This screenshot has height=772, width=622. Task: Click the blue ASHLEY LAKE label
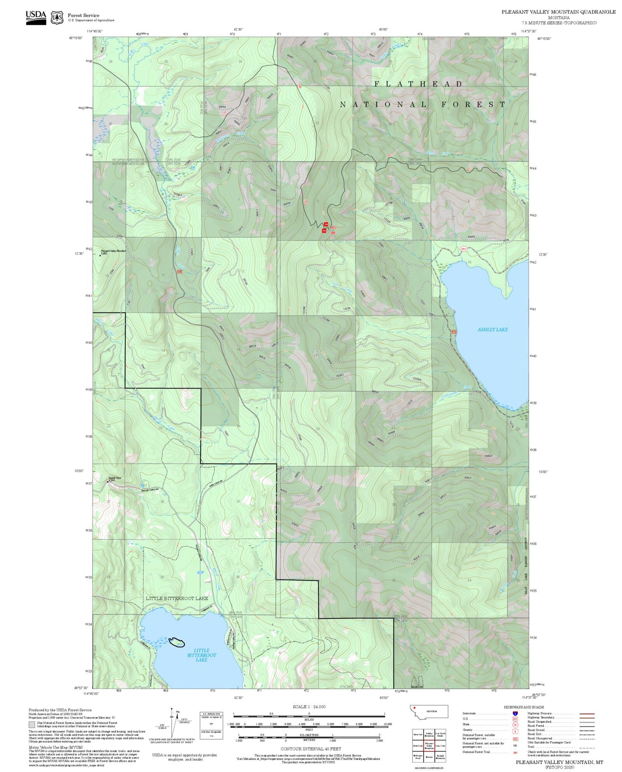[492, 330]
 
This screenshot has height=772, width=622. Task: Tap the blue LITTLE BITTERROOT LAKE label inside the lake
[201, 655]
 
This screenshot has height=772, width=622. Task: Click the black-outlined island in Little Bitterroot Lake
[176, 642]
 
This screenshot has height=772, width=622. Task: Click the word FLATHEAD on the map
[418, 84]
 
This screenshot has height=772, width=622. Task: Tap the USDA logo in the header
[36, 17]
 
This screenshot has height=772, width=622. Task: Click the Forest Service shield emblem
[57, 18]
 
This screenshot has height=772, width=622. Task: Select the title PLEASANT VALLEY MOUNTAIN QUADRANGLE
[558, 12]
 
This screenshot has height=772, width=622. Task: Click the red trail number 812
[333, 227]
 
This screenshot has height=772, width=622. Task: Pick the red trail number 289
[333, 233]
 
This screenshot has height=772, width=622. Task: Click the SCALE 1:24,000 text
[309, 707]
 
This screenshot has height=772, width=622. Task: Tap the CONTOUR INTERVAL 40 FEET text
[310, 749]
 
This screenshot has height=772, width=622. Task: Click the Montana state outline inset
[429, 712]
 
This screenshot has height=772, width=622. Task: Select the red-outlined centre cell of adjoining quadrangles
[429, 745]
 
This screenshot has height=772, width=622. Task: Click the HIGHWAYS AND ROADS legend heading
[524, 707]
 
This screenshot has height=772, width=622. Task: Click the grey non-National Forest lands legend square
[32, 724]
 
